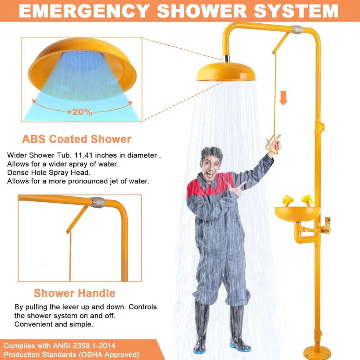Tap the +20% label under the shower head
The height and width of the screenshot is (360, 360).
(80, 112)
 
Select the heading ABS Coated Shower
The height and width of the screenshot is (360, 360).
(76, 139)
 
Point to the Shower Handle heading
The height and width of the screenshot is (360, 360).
(74, 293)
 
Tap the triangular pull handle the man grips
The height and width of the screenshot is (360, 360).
(273, 143)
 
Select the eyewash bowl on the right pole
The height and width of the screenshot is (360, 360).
(297, 213)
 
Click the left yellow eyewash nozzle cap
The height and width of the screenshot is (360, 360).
(287, 199)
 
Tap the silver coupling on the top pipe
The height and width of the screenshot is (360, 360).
(296, 29)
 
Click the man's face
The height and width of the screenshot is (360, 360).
(210, 164)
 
